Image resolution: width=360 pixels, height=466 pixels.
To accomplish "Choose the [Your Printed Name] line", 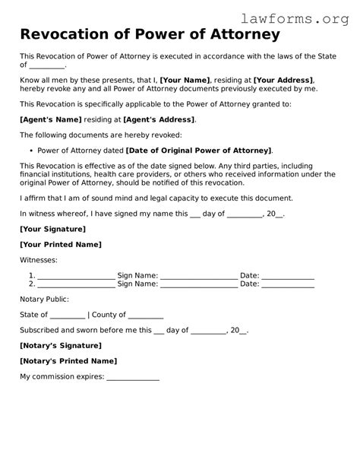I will point(61,245).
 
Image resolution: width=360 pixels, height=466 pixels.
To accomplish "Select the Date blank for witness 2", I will point(288,284).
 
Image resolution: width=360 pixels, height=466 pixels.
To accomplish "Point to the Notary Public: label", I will point(44,300).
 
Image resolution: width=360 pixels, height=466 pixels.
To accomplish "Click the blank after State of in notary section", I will point(68,315).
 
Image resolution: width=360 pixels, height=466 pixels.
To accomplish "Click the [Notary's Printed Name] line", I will point(68,361).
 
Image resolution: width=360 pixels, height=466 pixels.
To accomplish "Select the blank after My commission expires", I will point(133,377).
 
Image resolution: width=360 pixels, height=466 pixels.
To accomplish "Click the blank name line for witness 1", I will point(76,275).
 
